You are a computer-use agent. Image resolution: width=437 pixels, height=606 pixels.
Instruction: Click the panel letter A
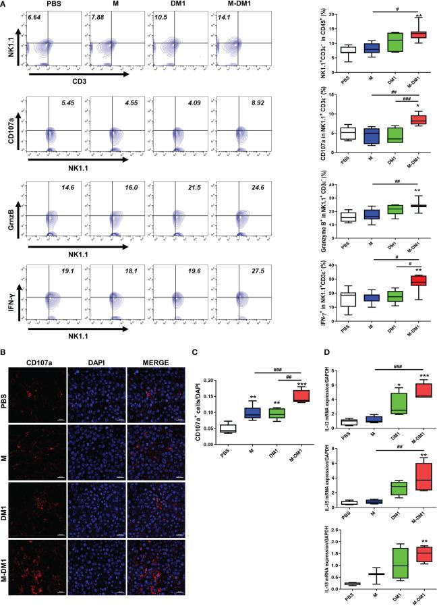(x=5, y=4)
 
